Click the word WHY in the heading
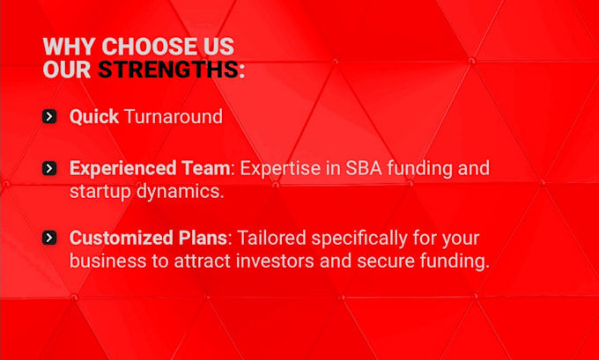coord(69,47)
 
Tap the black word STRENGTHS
coord(168,70)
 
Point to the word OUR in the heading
coord(66,70)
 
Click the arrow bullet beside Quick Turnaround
coord(49,116)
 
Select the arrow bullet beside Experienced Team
coord(49,168)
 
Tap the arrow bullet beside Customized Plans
coord(49,238)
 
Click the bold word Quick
coord(94,117)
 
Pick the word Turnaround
coord(174,116)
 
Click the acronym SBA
coord(364,168)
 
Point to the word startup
coord(100,192)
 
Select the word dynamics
coord(180,192)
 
